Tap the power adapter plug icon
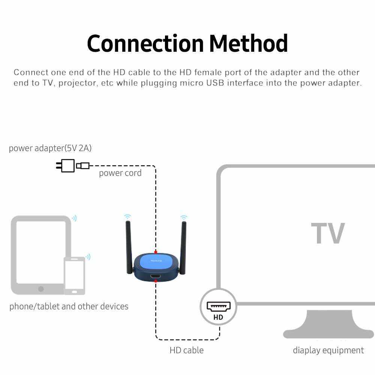pyautogui.click(x=66, y=165)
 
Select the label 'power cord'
pyautogui.click(x=120, y=173)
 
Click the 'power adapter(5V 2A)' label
pyautogui.click(x=50, y=148)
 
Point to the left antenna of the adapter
pyautogui.click(x=129, y=246)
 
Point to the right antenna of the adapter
pyautogui.click(x=183, y=246)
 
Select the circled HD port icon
pyautogui.click(x=218, y=307)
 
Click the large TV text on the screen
pyautogui.click(x=328, y=234)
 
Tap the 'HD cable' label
pyautogui.click(x=186, y=350)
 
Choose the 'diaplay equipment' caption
pyautogui.click(x=328, y=350)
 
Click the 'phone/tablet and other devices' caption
pyautogui.click(x=69, y=306)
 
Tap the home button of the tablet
pyautogui.click(x=41, y=289)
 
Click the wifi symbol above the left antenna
pyautogui.click(x=128, y=216)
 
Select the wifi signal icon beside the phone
pyautogui.click(x=88, y=257)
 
